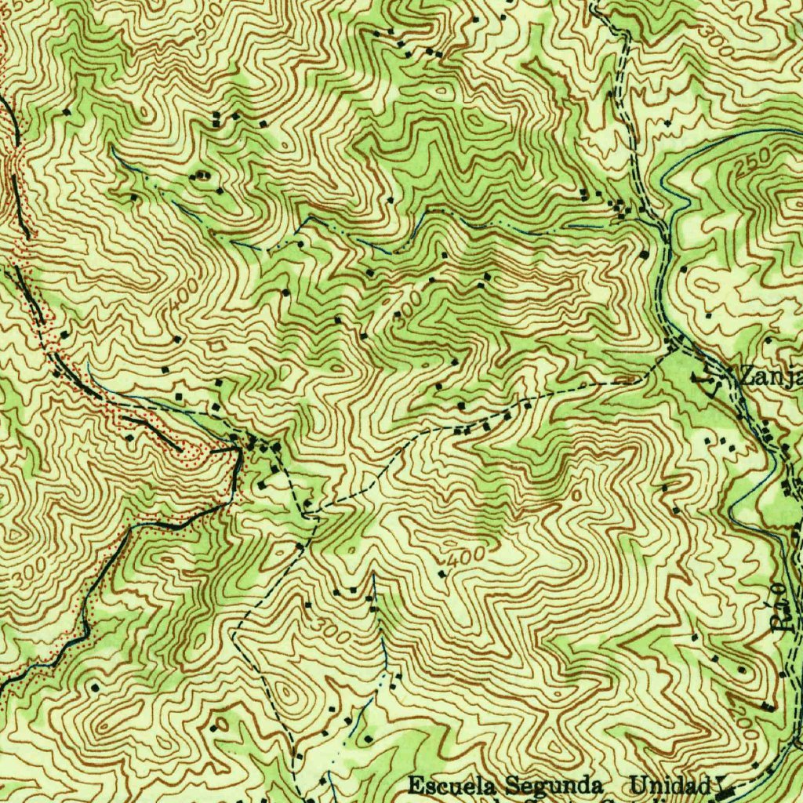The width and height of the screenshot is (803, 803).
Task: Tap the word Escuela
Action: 452,785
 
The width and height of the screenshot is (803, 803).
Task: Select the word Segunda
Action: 554,785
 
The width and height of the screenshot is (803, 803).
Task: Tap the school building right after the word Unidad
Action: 725,787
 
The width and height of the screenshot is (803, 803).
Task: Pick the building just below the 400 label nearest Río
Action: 442,575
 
